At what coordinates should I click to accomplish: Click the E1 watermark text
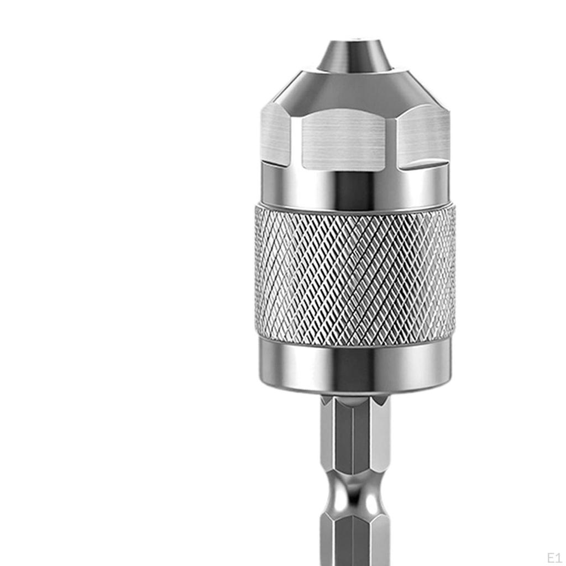554,557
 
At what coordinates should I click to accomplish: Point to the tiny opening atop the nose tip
354,40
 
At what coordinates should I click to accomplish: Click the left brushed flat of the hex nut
275,134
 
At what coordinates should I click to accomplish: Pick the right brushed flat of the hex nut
423,135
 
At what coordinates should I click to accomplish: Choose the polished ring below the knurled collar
355,365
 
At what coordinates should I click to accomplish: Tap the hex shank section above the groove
355,437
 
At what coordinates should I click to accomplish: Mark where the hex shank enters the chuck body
355,397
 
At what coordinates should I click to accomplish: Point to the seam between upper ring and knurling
355,206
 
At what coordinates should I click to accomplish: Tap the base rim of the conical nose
354,71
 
